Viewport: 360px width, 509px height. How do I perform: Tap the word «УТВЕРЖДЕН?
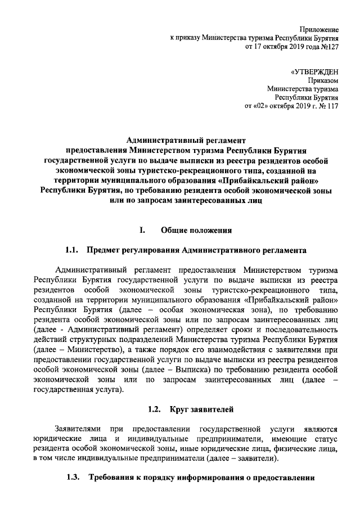tap(314, 72)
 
